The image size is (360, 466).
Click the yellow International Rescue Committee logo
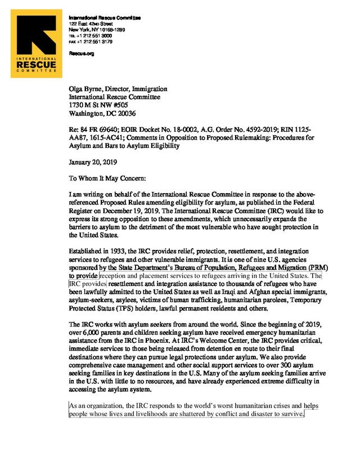click(37, 46)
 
